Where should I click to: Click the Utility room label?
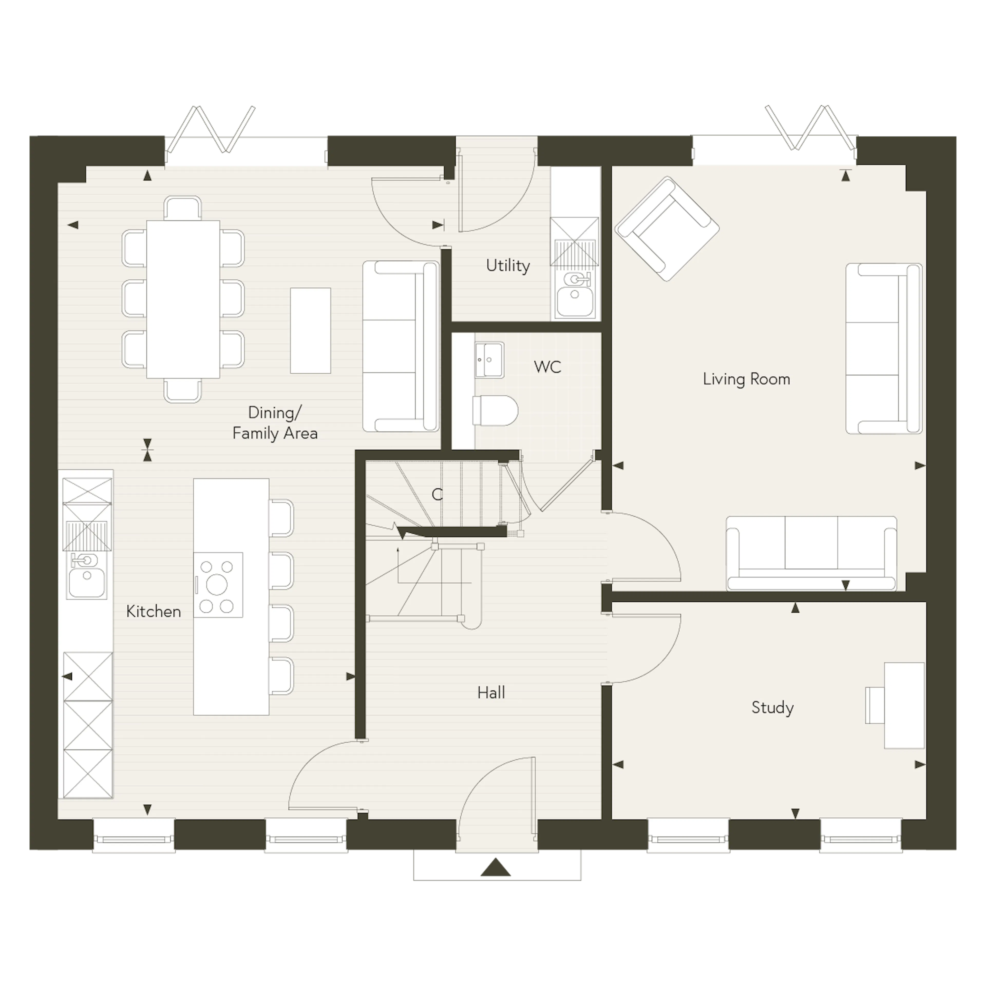(x=508, y=266)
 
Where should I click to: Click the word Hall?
(x=491, y=693)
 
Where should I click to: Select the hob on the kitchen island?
(x=218, y=585)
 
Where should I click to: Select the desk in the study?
(x=904, y=705)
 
